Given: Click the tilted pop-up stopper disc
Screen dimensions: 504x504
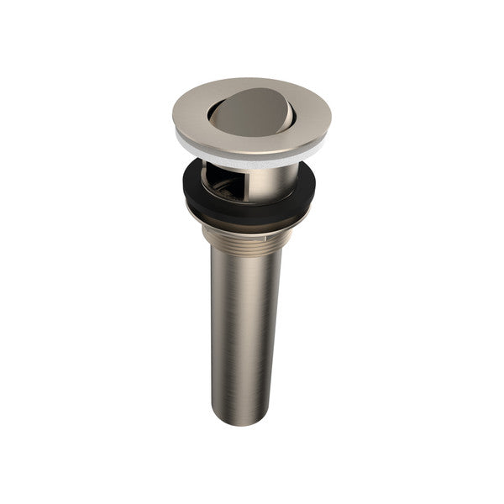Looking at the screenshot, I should [x=250, y=113].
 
